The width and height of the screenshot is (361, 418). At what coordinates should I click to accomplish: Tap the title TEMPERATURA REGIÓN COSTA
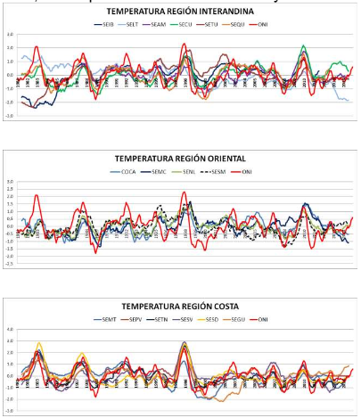tap(181, 305)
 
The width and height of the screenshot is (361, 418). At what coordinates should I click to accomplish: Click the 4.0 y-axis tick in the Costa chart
tap(11, 330)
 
